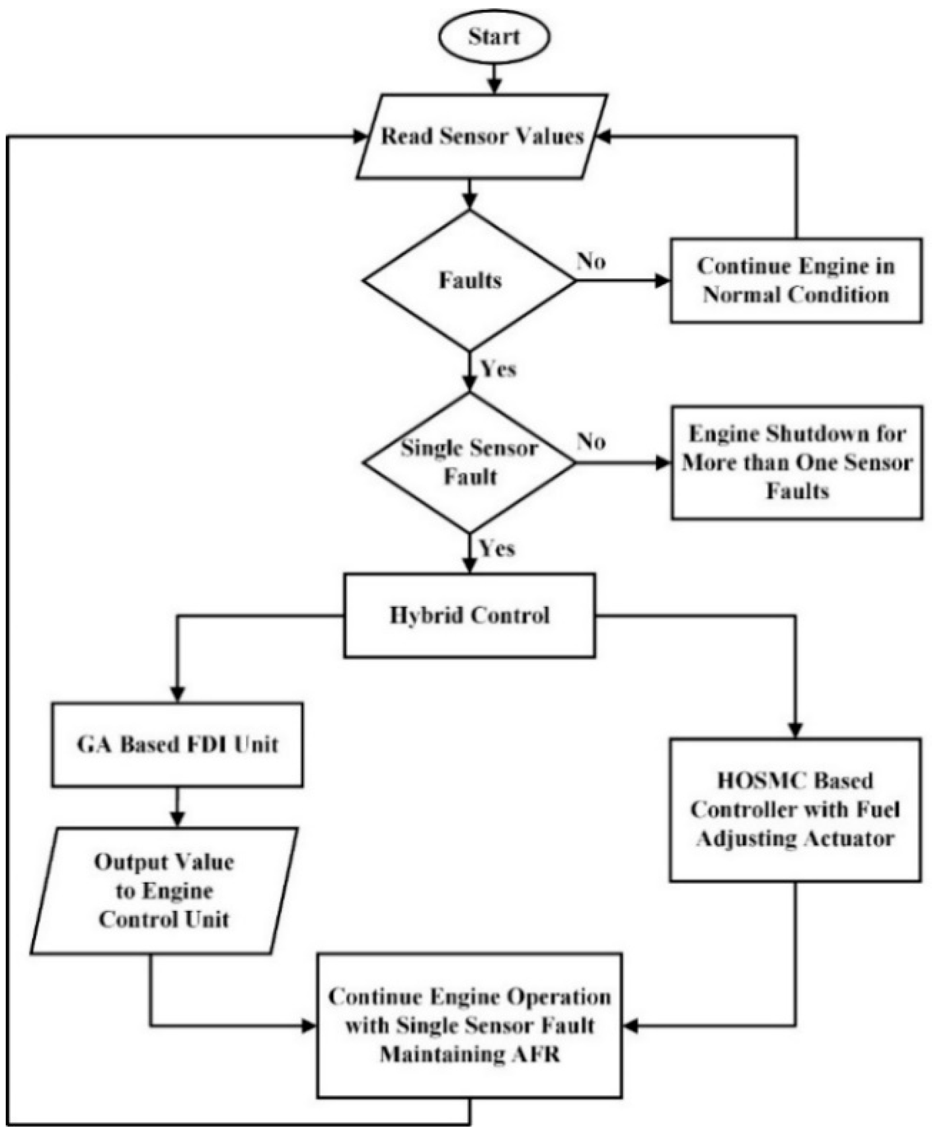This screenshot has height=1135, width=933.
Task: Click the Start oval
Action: (x=494, y=37)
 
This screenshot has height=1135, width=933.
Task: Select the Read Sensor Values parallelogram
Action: (x=482, y=136)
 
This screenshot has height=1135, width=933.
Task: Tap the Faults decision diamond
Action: (x=470, y=280)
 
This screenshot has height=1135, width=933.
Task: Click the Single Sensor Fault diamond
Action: (x=470, y=462)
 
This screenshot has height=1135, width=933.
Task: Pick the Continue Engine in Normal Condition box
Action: (x=796, y=280)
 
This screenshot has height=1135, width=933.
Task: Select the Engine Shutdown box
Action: (x=797, y=462)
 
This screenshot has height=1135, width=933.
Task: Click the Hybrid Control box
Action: (x=470, y=615)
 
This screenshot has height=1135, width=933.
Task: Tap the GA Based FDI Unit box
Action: (x=177, y=744)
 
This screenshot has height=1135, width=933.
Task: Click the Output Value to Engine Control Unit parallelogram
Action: (x=164, y=891)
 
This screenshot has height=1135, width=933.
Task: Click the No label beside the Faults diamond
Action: (x=591, y=262)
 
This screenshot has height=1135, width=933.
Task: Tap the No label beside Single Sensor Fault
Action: (x=591, y=442)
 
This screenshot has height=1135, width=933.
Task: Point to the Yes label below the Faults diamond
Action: (x=498, y=369)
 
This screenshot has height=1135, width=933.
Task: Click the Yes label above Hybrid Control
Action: (x=497, y=548)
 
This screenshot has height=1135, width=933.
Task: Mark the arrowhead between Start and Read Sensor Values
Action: (x=494, y=86)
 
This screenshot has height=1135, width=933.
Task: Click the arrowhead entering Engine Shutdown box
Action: (x=663, y=462)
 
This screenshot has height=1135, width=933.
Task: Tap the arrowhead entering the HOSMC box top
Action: (x=795, y=730)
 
